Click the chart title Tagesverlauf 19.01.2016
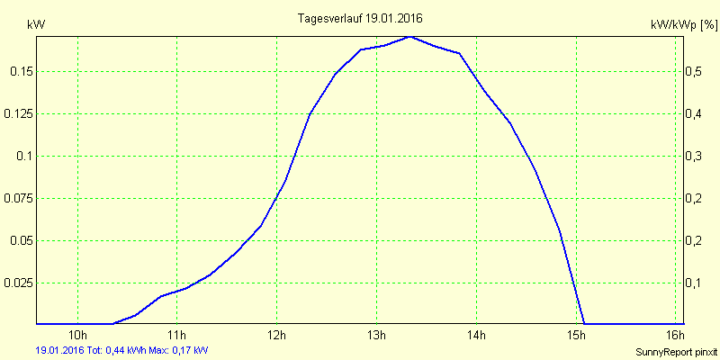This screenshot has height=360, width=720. [360, 18]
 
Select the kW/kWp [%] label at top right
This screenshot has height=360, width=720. [683, 26]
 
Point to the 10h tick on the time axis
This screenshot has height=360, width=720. [77, 337]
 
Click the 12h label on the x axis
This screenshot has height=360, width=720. [276, 337]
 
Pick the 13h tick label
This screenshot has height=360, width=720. [376, 337]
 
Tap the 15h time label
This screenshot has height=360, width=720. [576, 337]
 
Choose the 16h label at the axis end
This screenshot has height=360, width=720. [675, 337]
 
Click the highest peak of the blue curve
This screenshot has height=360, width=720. [410, 37]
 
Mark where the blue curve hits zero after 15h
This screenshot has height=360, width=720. [585, 323]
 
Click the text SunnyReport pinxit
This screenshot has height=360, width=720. [675, 350]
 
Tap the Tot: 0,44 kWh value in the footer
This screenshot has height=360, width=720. [116, 349]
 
